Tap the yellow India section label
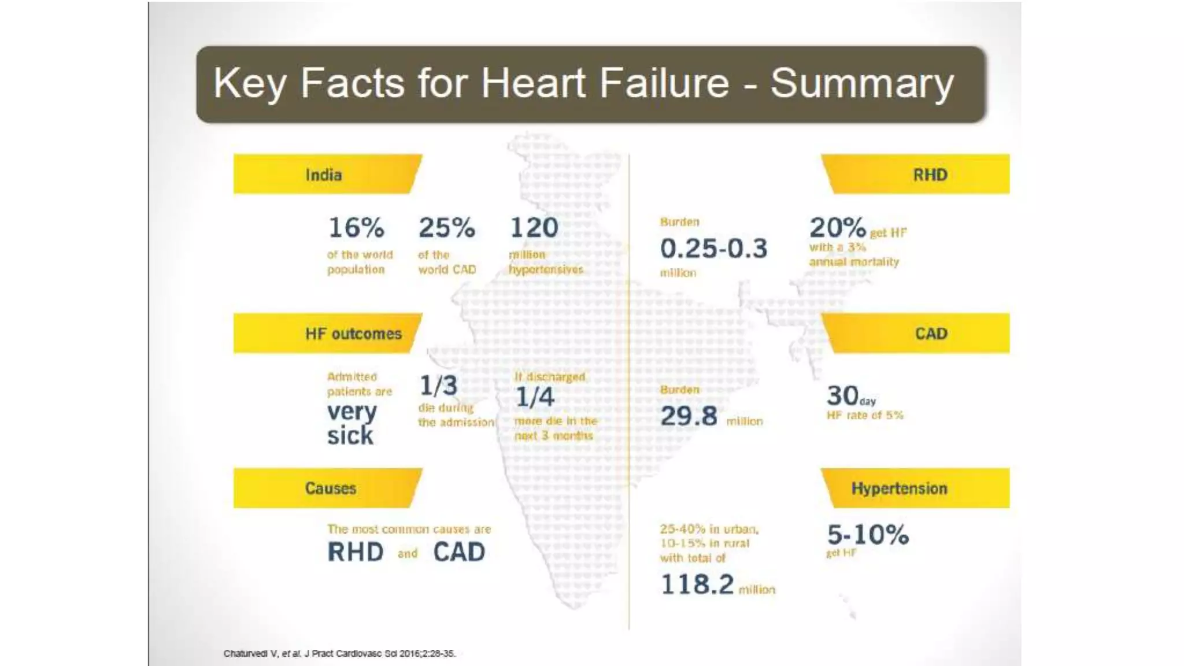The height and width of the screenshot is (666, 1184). point(323,175)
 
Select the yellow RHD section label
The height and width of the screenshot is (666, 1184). point(930,175)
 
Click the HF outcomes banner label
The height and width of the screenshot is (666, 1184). point(353,334)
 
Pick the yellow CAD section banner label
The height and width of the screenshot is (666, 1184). point(931,334)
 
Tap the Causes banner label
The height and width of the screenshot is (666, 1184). point(330,489)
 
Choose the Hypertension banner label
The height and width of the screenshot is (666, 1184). point(899,489)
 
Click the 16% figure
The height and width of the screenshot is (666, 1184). point(356,227)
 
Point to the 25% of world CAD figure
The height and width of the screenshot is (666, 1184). point(446,227)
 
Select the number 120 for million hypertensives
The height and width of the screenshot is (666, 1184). point(534,227)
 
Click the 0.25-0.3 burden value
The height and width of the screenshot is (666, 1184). point(713,249)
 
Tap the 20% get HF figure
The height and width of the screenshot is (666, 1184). point(837,227)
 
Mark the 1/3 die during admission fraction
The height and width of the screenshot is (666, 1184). point(438,386)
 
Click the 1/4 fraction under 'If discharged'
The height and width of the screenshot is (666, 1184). point(535,397)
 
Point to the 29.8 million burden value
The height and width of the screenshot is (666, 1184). point(689,416)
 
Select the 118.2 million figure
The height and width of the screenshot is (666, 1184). point(697,584)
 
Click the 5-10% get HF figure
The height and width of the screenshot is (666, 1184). point(867,535)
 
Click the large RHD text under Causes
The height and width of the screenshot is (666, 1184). point(355,552)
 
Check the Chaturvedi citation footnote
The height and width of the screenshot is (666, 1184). point(339,654)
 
